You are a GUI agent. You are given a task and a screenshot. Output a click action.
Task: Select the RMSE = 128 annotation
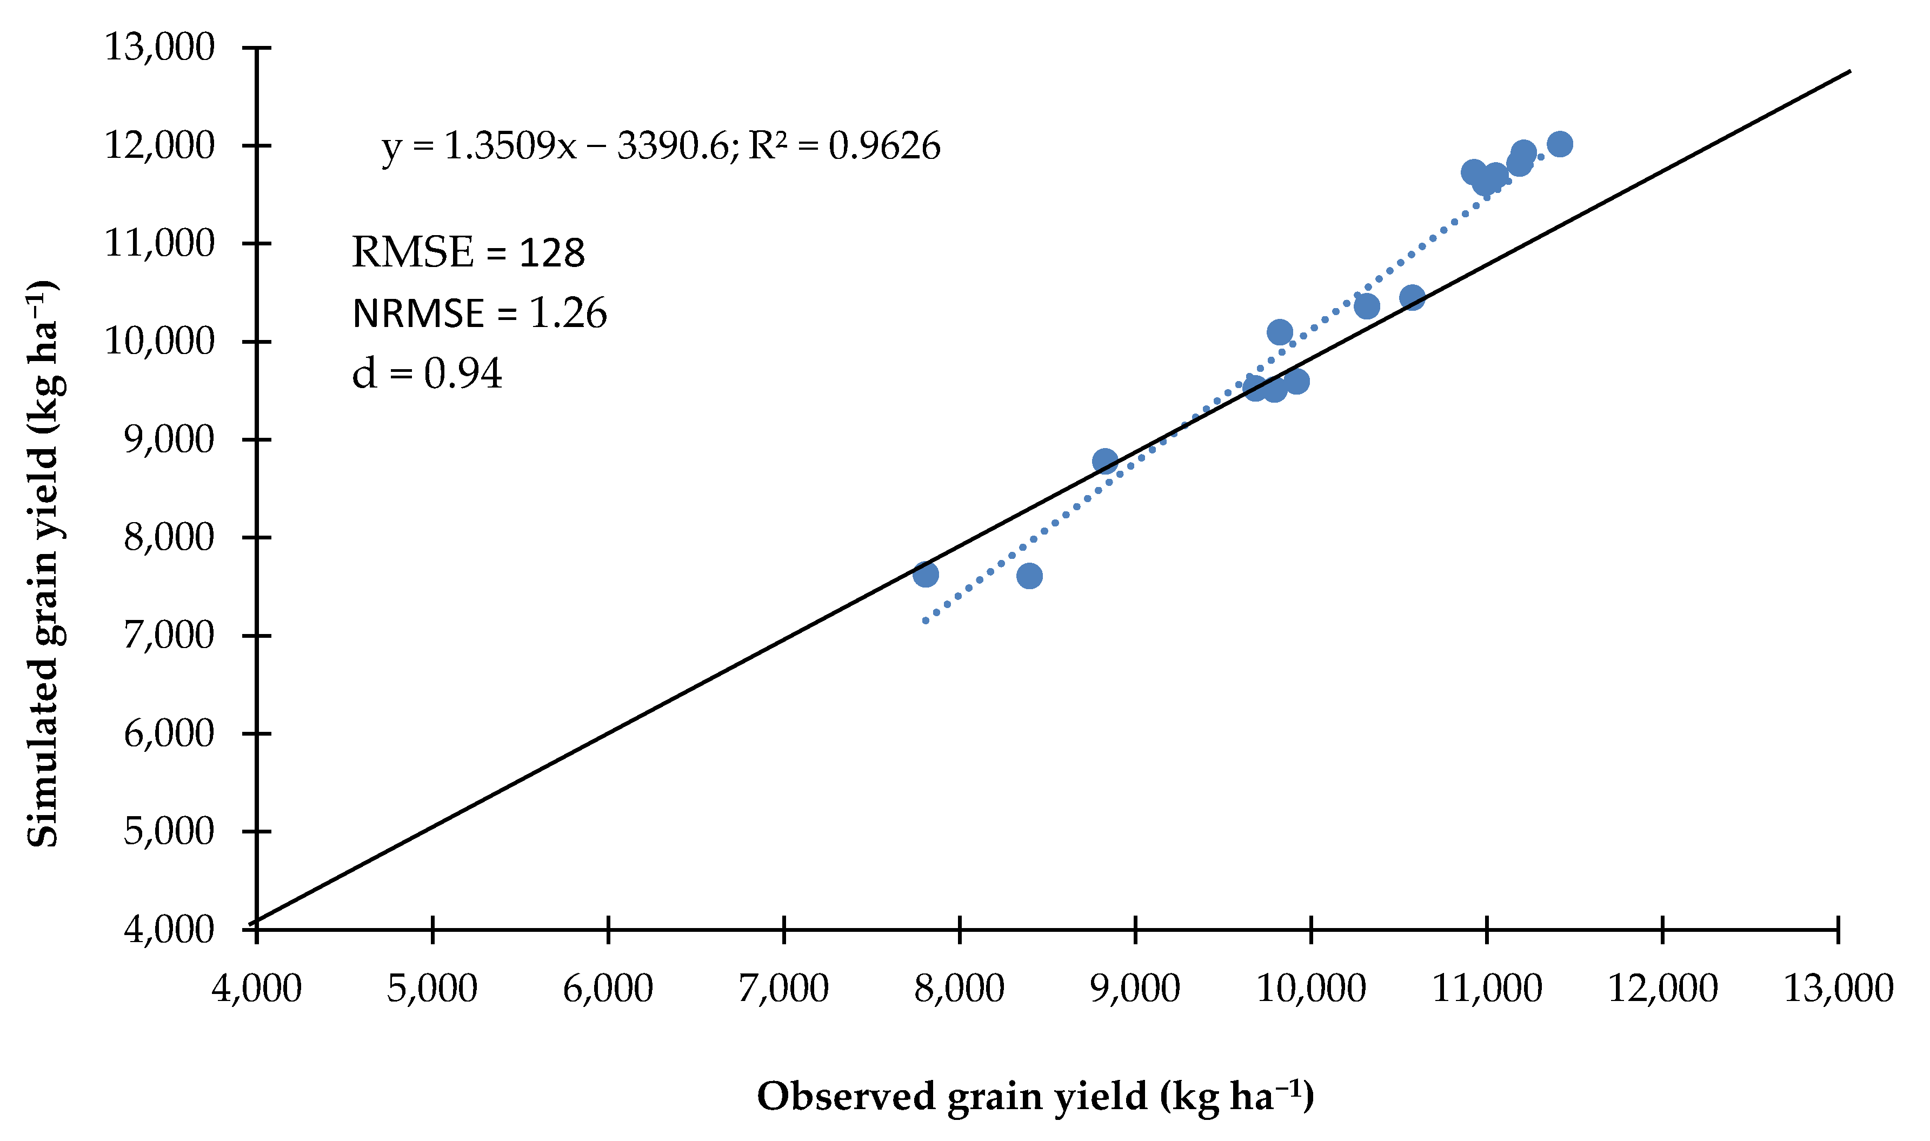coord(468,253)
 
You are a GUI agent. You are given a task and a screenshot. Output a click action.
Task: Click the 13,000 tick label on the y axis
coord(159,48)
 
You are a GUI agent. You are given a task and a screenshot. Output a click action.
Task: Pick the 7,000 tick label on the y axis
coord(168,636)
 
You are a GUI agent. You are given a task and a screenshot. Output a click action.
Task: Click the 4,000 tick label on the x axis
coord(257,989)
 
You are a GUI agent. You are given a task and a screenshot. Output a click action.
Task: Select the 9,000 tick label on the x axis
coord(1136,989)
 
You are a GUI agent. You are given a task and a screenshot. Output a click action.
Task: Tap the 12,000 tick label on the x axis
coord(1663,989)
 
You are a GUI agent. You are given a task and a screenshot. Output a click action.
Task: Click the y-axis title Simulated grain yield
coord(43,565)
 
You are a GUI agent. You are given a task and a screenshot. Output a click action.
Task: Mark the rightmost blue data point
coord(1559,144)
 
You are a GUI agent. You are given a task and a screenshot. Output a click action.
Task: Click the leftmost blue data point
coord(926,575)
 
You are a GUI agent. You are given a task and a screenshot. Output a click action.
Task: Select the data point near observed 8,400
coord(1029,576)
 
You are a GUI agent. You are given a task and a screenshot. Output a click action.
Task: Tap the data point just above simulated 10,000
coord(1280,332)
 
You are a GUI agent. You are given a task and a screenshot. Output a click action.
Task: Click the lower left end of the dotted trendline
coord(926,621)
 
